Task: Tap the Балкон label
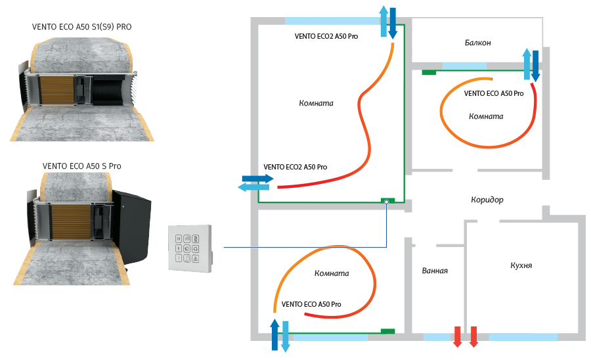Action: pyautogui.click(x=477, y=43)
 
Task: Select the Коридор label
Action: pyautogui.click(x=487, y=200)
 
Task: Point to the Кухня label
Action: pyautogui.click(x=521, y=266)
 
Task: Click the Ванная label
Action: pyautogui.click(x=435, y=271)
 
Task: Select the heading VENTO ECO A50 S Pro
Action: pyautogui.click(x=81, y=166)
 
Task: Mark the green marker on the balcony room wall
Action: pyautogui.click(x=429, y=72)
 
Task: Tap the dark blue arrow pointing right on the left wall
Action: pyautogui.click(x=257, y=178)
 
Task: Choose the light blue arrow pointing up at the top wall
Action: pyautogui.click(x=384, y=20)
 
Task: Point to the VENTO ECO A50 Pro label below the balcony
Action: pyautogui.click(x=494, y=93)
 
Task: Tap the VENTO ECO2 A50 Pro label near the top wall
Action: pyautogui.click(x=326, y=37)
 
